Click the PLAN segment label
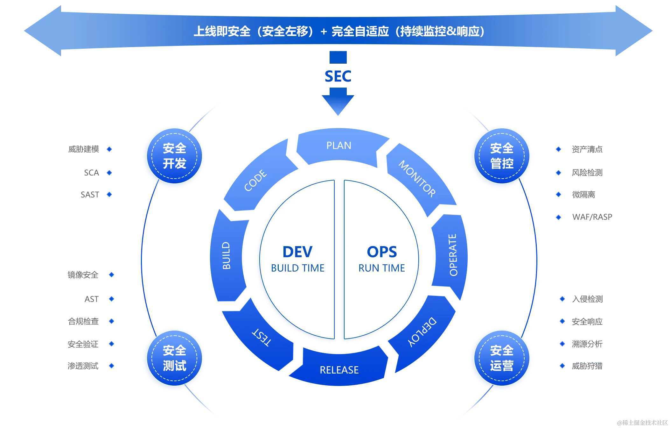(x=339, y=146)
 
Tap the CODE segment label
(x=255, y=180)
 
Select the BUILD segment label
(x=226, y=255)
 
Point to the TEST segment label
(x=262, y=337)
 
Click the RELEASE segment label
(x=339, y=370)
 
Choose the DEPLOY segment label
(x=422, y=332)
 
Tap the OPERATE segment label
(x=453, y=255)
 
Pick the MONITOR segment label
(x=417, y=179)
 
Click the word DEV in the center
(x=297, y=252)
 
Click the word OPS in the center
(x=382, y=252)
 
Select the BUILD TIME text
(x=297, y=268)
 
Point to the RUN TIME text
(x=382, y=268)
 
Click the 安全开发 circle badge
(x=174, y=156)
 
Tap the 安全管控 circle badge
(x=502, y=156)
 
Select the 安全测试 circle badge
(x=174, y=358)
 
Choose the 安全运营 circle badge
(x=502, y=358)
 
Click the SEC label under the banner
(x=338, y=77)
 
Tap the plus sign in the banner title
(x=324, y=32)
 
